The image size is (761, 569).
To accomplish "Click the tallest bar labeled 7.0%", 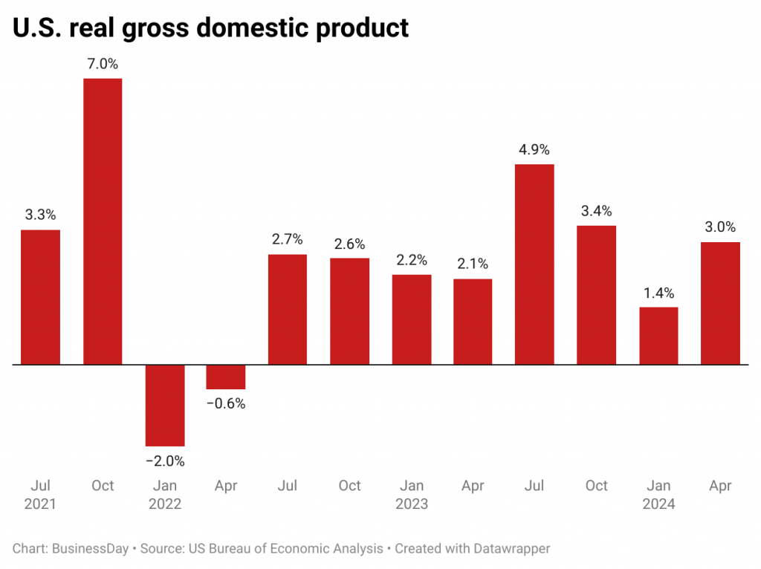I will (x=103, y=221).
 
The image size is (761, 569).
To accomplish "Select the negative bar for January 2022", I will (x=165, y=405).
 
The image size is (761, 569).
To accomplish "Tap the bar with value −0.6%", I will (x=226, y=377).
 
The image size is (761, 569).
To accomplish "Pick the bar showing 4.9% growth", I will (x=534, y=264).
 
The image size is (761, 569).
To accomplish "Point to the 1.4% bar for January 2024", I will (x=658, y=336).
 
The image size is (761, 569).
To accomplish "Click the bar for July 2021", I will (x=40, y=297).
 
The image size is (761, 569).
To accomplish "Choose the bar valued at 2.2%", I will (x=412, y=319).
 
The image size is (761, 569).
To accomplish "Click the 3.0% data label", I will (x=720, y=227).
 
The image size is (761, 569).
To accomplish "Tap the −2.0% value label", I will (x=165, y=461).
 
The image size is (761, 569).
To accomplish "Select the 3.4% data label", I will (x=597, y=211).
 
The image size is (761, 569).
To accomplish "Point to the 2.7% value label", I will (x=288, y=239).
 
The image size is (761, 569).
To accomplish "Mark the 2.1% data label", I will (x=473, y=264).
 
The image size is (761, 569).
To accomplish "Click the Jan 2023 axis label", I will (x=412, y=495).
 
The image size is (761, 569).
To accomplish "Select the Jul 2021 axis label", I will (x=40, y=495).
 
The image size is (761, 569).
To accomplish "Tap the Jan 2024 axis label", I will (x=658, y=495).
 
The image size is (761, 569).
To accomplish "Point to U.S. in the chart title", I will (x=39, y=27).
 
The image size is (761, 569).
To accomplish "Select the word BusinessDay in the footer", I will (x=88, y=549).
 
